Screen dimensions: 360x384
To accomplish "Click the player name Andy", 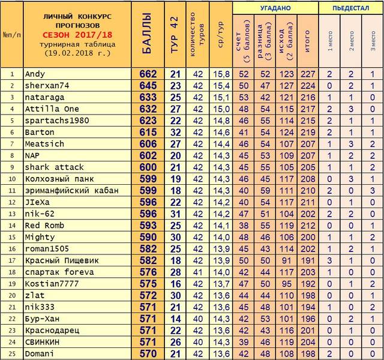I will pos(35,74).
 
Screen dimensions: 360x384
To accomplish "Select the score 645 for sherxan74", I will pos(148,85).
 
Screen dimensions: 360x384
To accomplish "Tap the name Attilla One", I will pos(52,108).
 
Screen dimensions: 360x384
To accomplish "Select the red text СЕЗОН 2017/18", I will pos(79,35).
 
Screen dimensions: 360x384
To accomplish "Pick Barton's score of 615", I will pos(148,132).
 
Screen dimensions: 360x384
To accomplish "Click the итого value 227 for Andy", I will pos(308,74).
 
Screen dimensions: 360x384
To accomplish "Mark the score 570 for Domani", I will pos(148,354).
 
